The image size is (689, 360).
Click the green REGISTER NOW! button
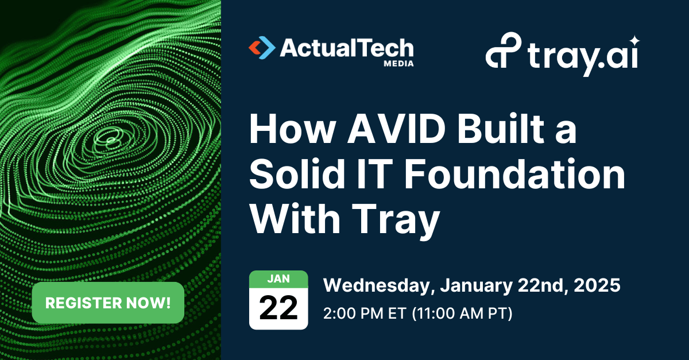coord(108,303)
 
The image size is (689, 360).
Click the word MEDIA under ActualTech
coord(398,64)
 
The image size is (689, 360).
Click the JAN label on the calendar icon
coord(278,278)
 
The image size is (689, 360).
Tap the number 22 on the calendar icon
coord(278,308)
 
